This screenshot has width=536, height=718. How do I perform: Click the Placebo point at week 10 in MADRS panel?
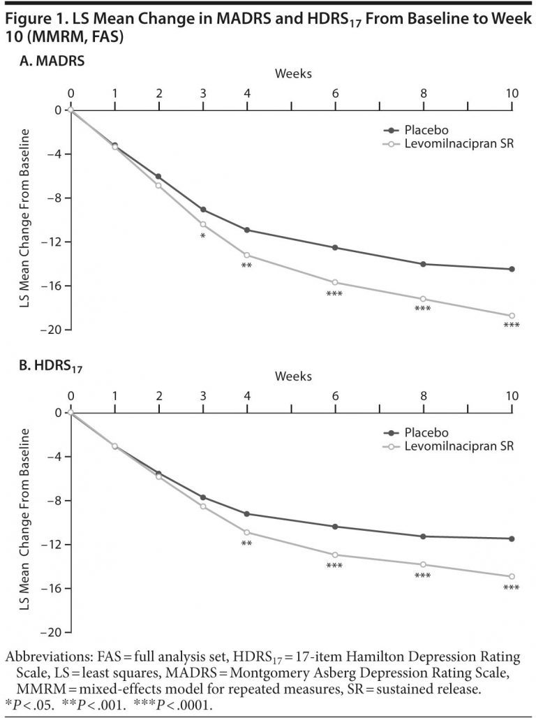512,269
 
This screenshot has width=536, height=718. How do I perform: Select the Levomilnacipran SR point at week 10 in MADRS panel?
512,316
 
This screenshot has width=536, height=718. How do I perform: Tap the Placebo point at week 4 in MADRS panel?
247,230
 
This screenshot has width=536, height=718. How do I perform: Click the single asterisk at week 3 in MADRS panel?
202,237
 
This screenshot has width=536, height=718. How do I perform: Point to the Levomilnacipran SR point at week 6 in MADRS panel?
336,282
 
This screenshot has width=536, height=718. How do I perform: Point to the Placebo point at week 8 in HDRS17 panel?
424,536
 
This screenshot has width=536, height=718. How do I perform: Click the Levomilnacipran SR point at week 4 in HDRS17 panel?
247,532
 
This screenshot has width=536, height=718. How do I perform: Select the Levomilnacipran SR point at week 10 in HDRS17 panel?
512,576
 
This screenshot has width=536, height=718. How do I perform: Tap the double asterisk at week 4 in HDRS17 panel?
246,543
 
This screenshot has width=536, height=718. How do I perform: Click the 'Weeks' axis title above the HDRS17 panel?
292,376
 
